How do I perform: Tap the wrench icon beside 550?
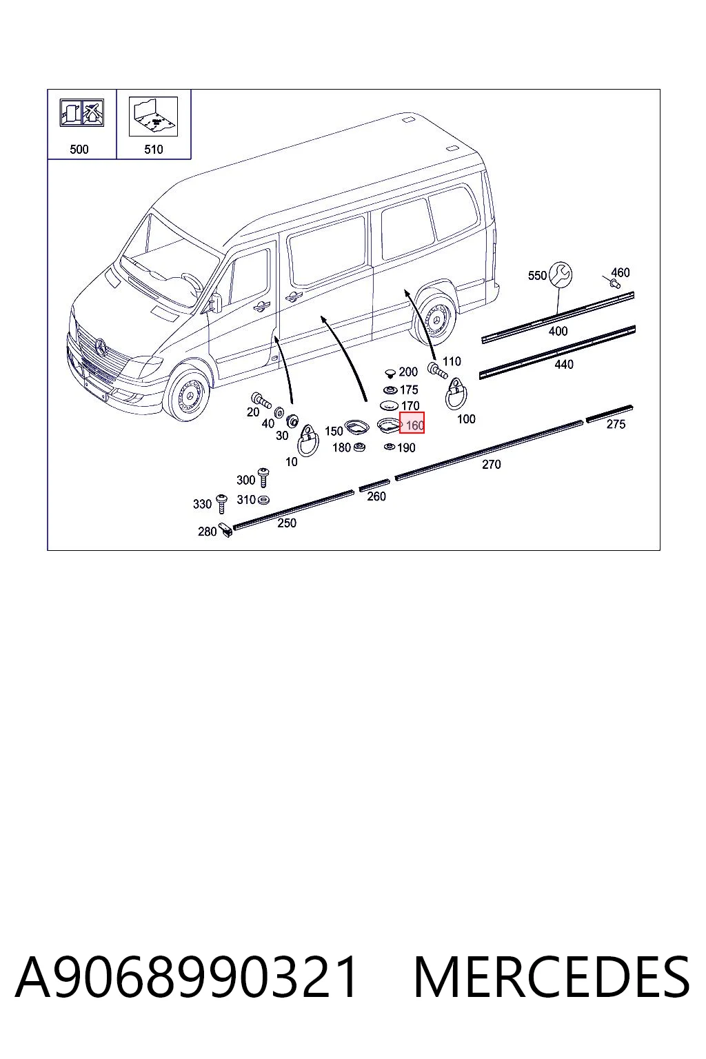[561, 274]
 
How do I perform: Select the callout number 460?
[620, 272]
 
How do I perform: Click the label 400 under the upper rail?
[558, 331]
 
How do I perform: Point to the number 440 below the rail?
[564, 365]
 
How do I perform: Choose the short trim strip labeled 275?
[609, 413]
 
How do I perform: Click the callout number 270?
[492, 464]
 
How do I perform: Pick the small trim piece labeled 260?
[374, 485]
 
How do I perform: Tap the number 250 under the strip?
[287, 523]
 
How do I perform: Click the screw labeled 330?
[221, 503]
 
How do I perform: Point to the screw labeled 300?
[263, 478]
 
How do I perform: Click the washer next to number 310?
[264, 500]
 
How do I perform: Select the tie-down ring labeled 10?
[307, 440]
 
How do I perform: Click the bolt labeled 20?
[261, 400]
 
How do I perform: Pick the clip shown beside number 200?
[390, 374]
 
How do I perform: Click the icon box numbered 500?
[82, 124]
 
